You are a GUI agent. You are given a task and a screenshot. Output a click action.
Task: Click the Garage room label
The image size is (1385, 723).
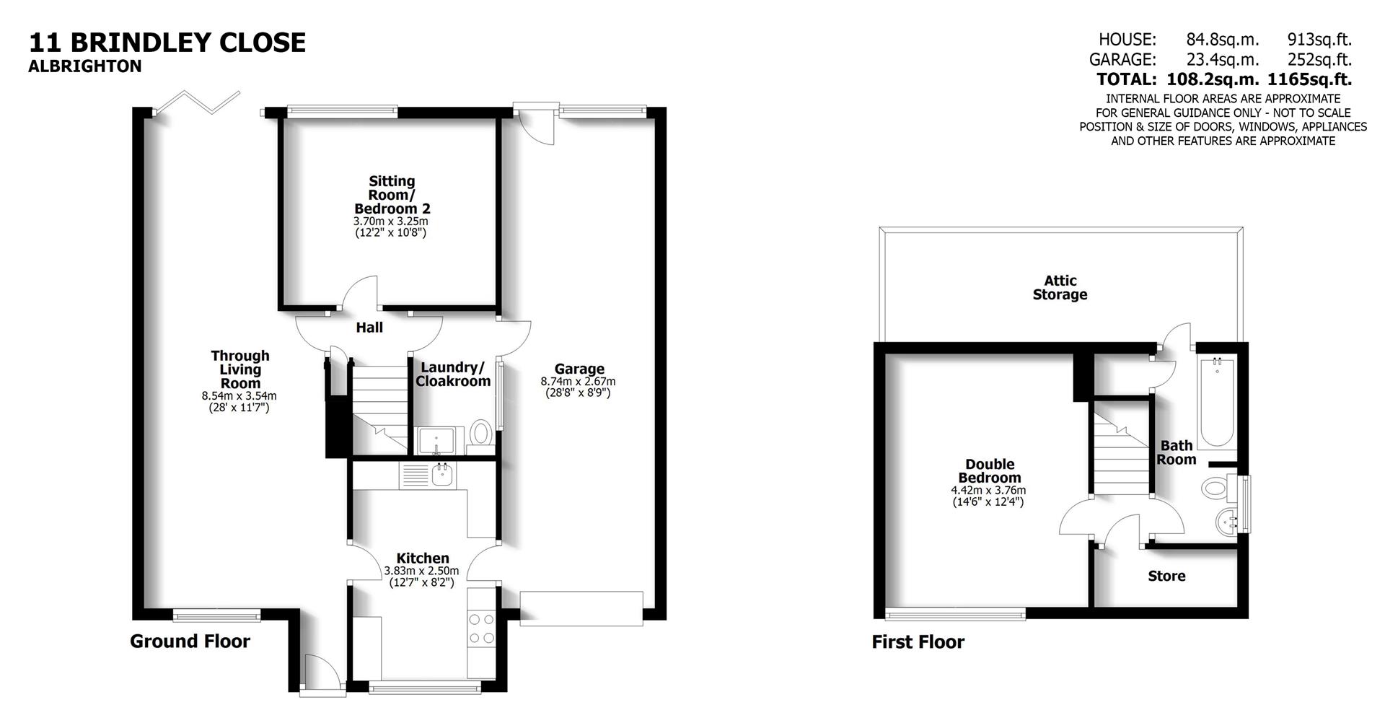pyautogui.click(x=579, y=369)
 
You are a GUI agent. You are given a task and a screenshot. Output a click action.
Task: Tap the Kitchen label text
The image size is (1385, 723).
pyautogui.click(x=423, y=558)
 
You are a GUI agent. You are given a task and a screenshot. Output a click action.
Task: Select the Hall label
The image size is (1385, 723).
pyautogui.click(x=369, y=328)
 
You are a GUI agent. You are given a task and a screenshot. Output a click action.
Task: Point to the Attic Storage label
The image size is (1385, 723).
pyautogui.click(x=1060, y=288)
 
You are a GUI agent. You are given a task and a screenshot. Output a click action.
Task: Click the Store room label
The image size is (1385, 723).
pyautogui.click(x=1166, y=576)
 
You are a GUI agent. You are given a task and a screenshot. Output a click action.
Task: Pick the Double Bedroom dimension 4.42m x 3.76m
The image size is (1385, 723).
pyautogui.click(x=988, y=491)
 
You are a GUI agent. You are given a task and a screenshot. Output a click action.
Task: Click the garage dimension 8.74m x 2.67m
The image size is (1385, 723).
pyautogui.click(x=578, y=382)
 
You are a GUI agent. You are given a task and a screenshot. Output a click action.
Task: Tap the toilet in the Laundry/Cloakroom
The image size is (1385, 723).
pyautogui.click(x=480, y=435)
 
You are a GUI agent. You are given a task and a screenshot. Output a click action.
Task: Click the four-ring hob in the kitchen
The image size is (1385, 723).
pyautogui.click(x=481, y=628)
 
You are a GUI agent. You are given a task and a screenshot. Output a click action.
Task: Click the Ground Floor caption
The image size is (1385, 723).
pyautogui.click(x=190, y=641)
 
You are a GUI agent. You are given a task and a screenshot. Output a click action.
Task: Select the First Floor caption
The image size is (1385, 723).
pyautogui.click(x=918, y=642)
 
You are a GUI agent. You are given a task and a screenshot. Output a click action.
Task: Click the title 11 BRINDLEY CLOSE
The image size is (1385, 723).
pyautogui.click(x=167, y=43)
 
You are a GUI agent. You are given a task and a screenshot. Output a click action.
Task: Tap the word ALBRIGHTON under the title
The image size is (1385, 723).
pyautogui.click(x=85, y=66)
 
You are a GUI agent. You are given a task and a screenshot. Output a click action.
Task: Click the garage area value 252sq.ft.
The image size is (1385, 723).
pyautogui.click(x=1319, y=59)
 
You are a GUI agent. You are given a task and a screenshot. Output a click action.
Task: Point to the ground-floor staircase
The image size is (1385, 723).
pyautogui.click(x=380, y=408)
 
